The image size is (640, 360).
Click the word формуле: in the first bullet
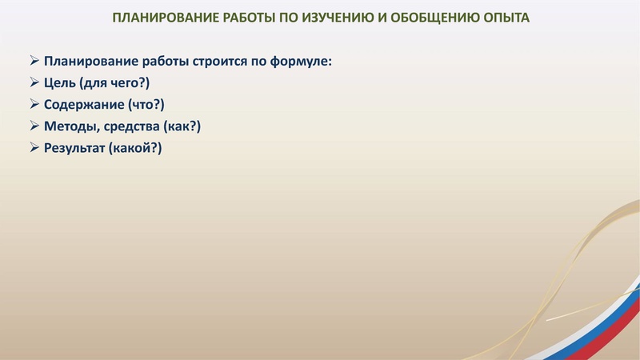tap(299, 62)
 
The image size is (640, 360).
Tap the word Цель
tap(60, 83)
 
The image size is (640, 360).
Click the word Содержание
tap(83, 105)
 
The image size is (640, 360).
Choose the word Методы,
tap(70, 126)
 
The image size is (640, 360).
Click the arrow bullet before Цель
tap(34, 83)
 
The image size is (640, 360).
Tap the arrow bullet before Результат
tap(34, 148)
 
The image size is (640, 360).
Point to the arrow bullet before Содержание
tap(34, 105)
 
